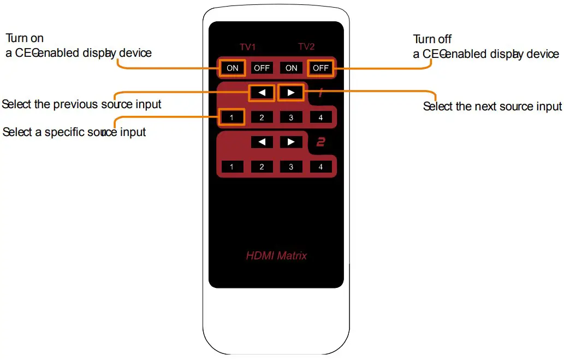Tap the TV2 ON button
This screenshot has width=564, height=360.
tap(291, 68)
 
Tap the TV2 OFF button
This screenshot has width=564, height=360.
tap(320, 68)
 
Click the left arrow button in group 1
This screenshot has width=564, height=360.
tap(262, 92)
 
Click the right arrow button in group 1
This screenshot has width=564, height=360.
tap(291, 92)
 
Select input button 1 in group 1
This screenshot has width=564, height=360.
tap(232, 117)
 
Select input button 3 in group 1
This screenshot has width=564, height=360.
tap(291, 117)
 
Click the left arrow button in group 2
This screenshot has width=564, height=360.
tap(262, 142)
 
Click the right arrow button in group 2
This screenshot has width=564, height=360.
tap(291, 142)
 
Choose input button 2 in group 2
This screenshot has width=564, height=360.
tap(262, 167)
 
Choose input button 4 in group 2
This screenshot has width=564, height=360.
tap(320, 167)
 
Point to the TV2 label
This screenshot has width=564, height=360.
tap(306, 47)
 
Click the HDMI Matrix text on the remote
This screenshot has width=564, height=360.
tap(276, 255)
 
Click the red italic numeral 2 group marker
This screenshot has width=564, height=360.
tap(321, 143)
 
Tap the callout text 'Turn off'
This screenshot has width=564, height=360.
tap(432, 39)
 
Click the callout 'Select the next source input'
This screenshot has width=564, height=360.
tap(492, 107)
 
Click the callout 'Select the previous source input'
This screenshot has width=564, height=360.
tap(82, 104)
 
